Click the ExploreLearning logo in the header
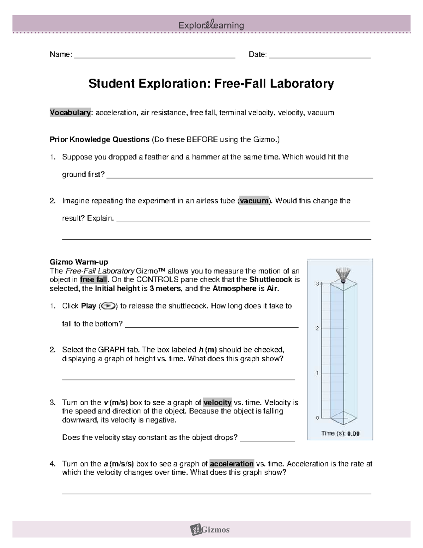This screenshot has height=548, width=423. click(211, 25)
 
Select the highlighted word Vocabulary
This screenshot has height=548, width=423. click(70, 113)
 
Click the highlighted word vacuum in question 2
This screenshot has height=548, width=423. click(254, 201)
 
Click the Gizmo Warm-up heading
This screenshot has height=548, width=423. click(79, 262)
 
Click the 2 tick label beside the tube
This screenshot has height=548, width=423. click(317, 329)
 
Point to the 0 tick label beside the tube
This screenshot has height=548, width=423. click(317, 418)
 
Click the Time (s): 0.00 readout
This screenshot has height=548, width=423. click(340, 434)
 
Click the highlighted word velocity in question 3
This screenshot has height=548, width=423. click(217, 403)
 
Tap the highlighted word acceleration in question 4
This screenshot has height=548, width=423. click(232, 464)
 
